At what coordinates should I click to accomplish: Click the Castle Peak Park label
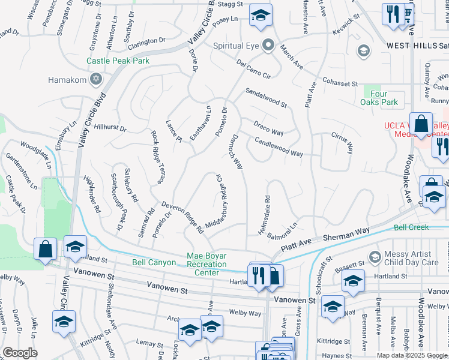(x=118, y=61)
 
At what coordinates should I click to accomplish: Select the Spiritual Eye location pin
(x=268, y=46)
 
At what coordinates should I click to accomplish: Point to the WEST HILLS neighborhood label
(x=412, y=45)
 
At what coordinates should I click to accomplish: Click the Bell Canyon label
(x=154, y=263)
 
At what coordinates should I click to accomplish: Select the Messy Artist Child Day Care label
(x=413, y=258)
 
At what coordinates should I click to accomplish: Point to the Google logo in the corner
(x=20, y=353)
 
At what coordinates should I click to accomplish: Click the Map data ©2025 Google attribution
(x=412, y=355)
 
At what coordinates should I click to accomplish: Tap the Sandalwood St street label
(x=265, y=98)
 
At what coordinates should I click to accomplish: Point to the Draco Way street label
(x=268, y=126)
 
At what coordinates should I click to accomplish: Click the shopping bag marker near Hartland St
(x=46, y=249)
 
